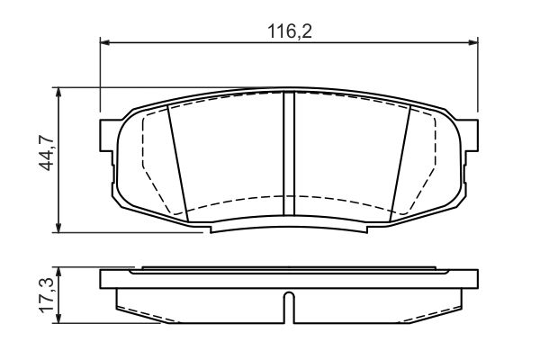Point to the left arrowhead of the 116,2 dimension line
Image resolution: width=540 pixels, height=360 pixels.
[x=104, y=41]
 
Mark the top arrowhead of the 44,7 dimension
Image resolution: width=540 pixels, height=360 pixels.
[x=59, y=92]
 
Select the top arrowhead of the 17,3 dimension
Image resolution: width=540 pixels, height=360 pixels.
[x=59, y=271]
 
